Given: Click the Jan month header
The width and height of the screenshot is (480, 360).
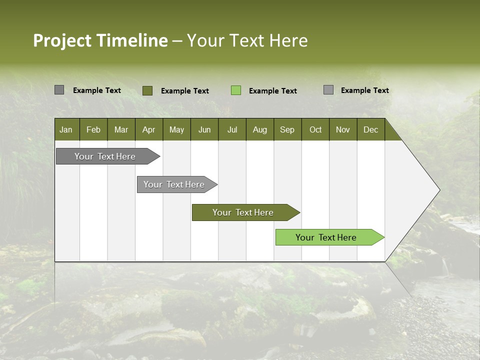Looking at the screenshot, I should click(x=66, y=129).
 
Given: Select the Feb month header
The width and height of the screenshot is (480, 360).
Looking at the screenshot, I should click(x=93, y=129).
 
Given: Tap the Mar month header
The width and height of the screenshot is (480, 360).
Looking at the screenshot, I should click(x=121, y=129).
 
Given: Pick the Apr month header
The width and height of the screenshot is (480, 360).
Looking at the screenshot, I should click(x=149, y=129).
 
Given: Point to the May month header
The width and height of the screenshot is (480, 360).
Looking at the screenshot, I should click(x=176, y=129).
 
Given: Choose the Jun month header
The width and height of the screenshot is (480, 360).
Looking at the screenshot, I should click(x=204, y=129).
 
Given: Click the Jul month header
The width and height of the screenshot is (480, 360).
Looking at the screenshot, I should click(x=232, y=129).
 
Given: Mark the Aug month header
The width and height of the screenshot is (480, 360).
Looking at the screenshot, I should click(x=260, y=129).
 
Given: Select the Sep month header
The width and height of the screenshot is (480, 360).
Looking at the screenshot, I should click(x=287, y=129).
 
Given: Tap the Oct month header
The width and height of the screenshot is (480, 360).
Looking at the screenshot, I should click(x=315, y=129).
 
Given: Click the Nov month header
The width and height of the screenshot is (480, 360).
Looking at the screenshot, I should click(x=343, y=129).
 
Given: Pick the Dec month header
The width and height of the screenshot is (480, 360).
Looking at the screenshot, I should click(x=371, y=129).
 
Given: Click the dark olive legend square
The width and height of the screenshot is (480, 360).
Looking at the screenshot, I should click(x=147, y=90).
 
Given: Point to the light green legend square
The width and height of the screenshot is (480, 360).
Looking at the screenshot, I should click(x=236, y=90).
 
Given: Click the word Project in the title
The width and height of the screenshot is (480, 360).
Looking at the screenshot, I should click(x=62, y=40).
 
